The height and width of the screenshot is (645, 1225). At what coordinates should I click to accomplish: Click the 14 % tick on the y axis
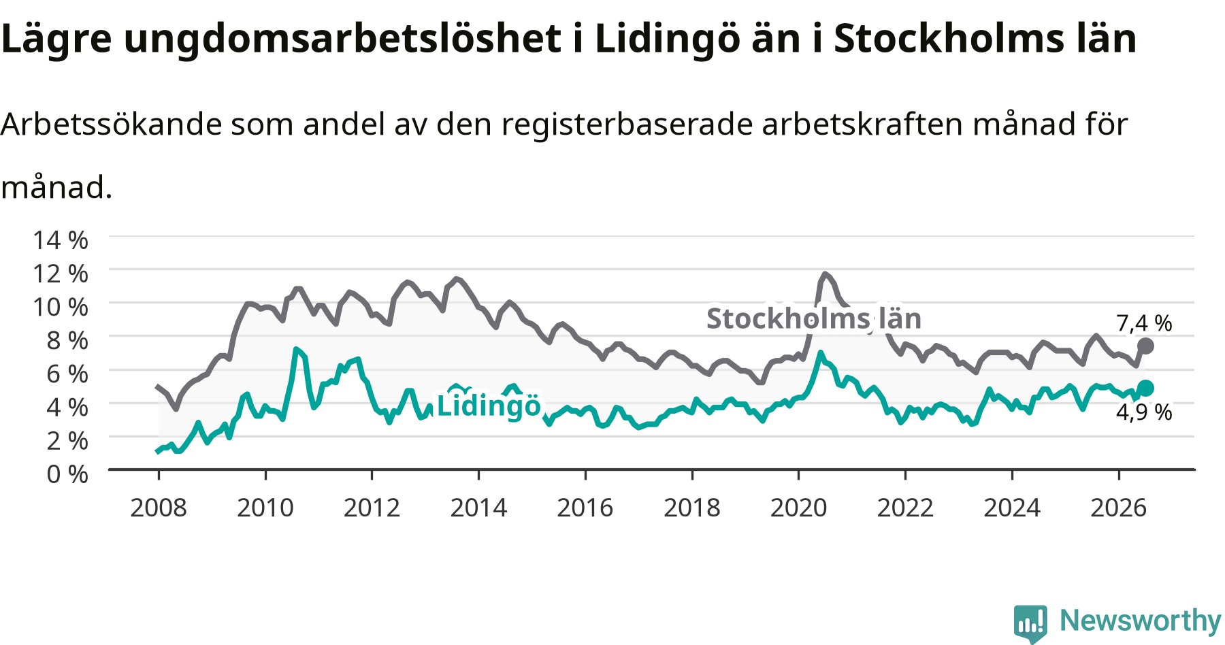(61, 240)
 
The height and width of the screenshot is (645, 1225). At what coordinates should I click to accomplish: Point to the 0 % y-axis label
(67, 474)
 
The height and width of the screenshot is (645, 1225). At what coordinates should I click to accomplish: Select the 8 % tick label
(67, 340)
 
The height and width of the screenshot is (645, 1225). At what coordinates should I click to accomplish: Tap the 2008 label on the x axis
(159, 508)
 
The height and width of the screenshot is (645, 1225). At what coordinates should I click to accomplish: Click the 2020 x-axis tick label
(798, 508)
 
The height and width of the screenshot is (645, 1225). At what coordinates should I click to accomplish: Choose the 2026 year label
(1119, 508)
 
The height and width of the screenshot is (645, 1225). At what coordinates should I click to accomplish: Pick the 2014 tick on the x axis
(478, 508)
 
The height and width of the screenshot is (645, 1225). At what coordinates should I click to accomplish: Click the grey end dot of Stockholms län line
(1145, 346)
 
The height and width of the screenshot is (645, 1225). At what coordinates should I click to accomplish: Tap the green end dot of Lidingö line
(1145, 388)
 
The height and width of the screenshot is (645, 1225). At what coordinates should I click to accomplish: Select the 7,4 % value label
(1144, 323)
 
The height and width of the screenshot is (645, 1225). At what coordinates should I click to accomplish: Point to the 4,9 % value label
(1144, 412)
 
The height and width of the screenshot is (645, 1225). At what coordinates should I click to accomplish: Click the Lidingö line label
(489, 406)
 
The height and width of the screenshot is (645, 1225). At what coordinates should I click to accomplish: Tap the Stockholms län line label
(814, 318)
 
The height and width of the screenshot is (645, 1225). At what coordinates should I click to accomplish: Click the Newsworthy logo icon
(1030, 623)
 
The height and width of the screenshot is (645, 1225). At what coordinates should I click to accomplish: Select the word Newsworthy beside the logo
(1141, 621)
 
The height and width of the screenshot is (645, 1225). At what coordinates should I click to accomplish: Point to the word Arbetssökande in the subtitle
(112, 125)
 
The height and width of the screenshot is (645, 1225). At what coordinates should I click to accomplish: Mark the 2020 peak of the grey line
(825, 274)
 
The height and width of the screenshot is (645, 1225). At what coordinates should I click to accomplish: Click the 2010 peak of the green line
(296, 349)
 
